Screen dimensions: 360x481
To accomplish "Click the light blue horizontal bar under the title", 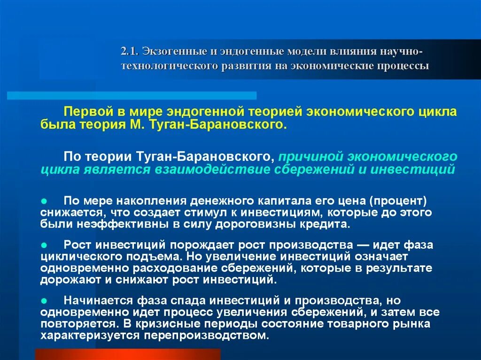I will [x=132, y=96].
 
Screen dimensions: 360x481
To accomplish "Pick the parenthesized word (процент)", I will [x=397, y=200].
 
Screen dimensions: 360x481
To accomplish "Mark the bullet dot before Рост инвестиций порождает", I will [x=43, y=245].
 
